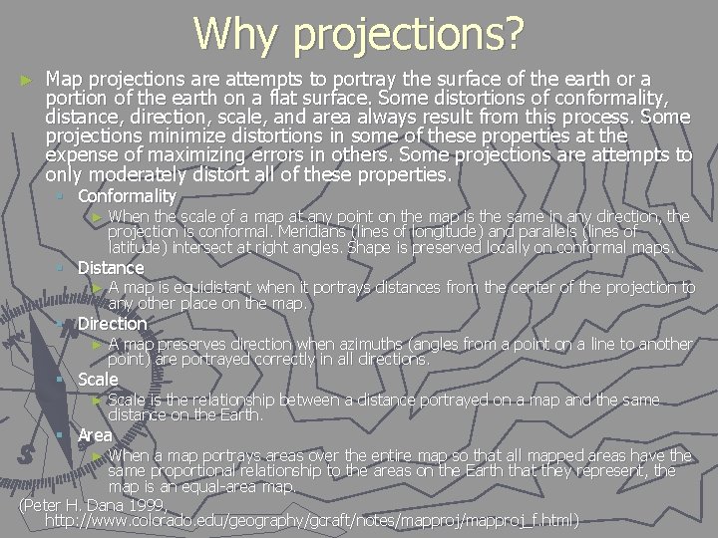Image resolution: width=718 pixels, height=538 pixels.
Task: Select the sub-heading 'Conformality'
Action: point(127,196)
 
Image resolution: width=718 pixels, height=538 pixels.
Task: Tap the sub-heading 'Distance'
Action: point(111,268)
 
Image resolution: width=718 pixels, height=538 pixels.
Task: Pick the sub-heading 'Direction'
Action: point(112,324)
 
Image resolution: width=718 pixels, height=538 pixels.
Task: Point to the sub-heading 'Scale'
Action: point(98,380)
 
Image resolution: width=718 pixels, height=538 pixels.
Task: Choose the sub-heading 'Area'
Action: point(95,435)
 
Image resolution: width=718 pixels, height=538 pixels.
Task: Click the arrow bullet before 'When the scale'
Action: point(97,216)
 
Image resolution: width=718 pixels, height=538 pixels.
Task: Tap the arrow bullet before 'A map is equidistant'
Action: point(97,288)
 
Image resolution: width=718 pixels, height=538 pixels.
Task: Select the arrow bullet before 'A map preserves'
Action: point(97,344)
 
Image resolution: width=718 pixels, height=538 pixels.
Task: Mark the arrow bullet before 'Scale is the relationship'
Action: point(97,400)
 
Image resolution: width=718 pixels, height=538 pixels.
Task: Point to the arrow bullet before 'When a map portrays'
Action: point(97,455)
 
